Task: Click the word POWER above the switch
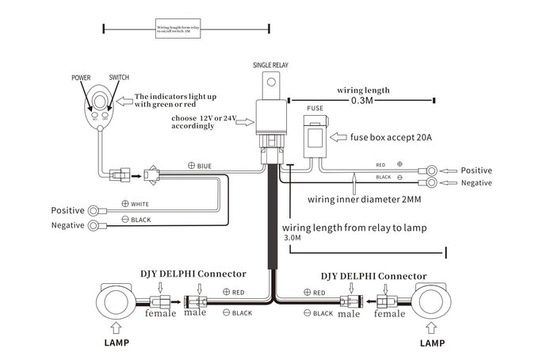point(82,78)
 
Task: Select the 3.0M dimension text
point(292,237)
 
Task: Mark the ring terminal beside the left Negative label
point(96,226)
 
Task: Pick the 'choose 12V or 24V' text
point(208,121)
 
